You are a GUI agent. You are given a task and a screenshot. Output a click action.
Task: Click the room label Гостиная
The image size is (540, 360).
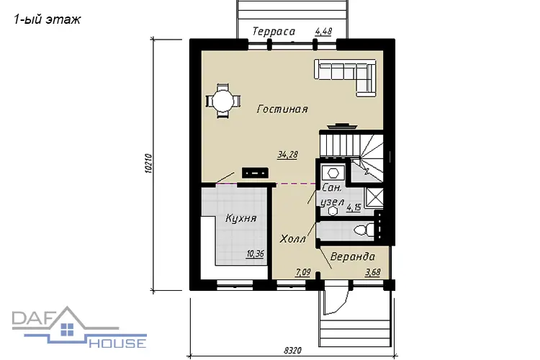282,109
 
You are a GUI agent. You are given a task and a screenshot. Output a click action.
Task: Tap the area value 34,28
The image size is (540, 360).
287,155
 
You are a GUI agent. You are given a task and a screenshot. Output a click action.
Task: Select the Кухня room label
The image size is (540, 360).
241,218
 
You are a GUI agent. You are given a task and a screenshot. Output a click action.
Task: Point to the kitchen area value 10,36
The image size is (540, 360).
255,254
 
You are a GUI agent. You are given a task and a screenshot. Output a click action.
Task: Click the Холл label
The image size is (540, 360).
293,239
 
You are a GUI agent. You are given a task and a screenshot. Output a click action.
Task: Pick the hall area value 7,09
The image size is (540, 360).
303,272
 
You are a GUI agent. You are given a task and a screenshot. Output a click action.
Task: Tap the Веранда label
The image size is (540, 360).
353,256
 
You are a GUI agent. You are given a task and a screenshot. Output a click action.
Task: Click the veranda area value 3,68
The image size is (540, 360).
373,272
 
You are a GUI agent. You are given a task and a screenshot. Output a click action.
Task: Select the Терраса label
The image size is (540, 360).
274,32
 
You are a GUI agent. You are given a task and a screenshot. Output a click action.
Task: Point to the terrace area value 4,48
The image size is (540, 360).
324,32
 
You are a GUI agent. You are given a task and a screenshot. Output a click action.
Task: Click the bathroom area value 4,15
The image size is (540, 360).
354,207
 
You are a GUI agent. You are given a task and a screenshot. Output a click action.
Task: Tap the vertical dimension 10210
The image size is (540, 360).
148,163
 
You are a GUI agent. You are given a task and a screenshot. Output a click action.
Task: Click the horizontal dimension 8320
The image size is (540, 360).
292,351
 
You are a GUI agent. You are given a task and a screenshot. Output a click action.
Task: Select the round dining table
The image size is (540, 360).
222,102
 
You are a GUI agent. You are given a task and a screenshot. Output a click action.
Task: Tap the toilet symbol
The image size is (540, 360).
364,230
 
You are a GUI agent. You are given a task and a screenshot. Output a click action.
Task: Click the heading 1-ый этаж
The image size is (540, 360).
48,19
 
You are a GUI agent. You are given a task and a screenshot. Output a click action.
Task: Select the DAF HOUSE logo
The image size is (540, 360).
79,328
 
